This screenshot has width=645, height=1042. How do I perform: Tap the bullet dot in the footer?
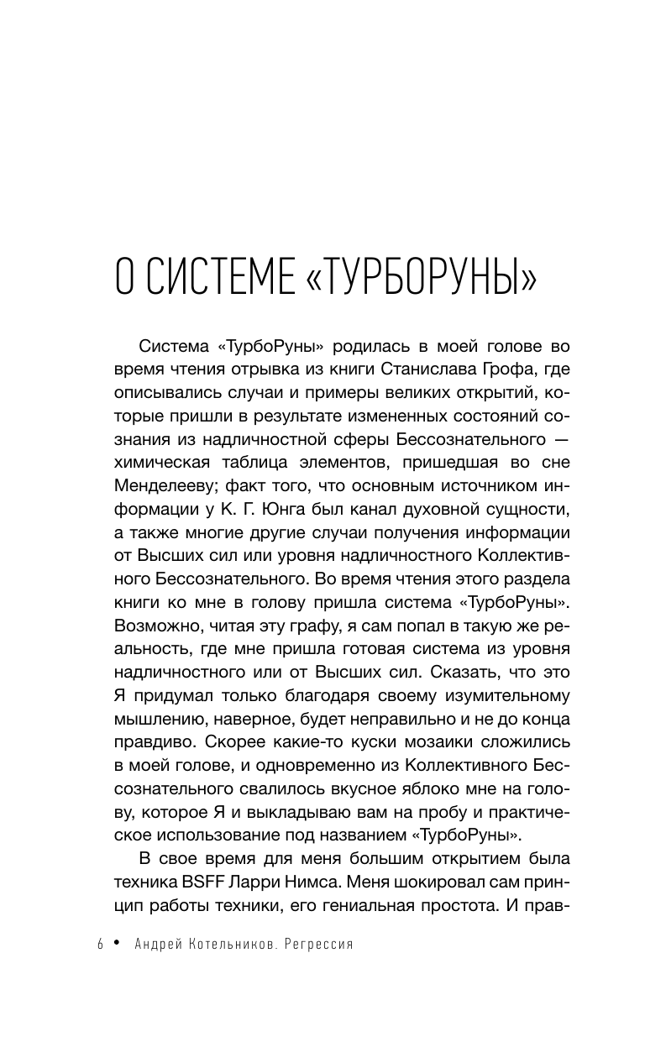point(118,944)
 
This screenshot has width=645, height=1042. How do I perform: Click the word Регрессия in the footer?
point(319,944)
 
